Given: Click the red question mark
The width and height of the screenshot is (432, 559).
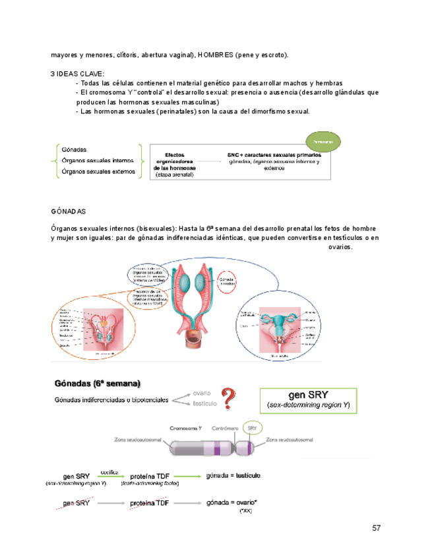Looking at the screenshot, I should pos(228,398).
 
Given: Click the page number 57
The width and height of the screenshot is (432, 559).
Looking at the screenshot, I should pos(377,528).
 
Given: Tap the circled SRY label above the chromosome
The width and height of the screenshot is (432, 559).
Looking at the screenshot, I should pos(251,427).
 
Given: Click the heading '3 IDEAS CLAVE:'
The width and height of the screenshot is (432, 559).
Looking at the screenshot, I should pos(77,74).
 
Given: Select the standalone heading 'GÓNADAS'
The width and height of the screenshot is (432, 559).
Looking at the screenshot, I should pos(68,212).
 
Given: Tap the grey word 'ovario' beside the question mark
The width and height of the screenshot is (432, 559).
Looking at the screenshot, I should pos(202,394).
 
